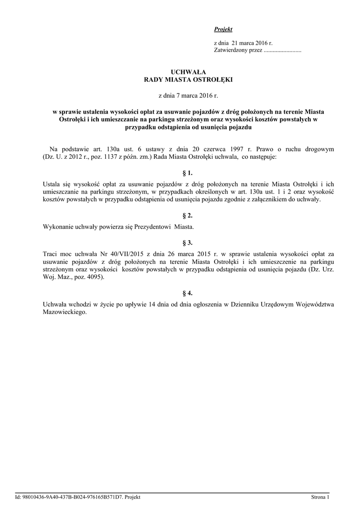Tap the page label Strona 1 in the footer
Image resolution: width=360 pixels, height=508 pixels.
[320, 497]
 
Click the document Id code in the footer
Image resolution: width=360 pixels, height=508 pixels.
[72, 497]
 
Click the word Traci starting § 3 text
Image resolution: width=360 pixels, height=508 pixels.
[51, 253]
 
